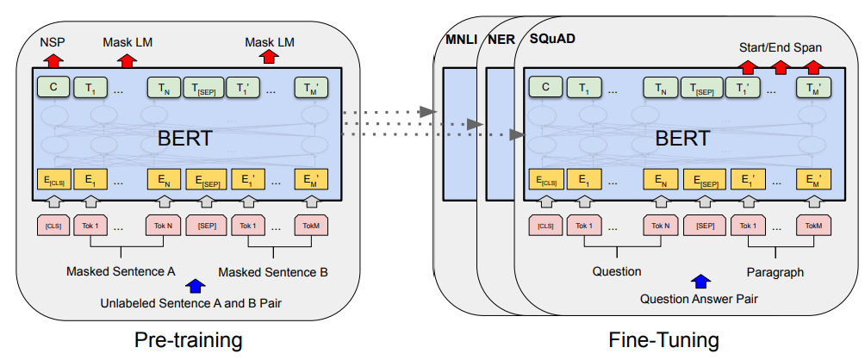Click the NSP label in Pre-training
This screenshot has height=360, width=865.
[53, 42]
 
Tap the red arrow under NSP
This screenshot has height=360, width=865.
[53, 60]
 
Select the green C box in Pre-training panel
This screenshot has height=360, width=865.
[53, 88]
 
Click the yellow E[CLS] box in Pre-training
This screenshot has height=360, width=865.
[53, 180]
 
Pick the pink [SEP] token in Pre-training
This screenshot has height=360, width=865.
[206, 226]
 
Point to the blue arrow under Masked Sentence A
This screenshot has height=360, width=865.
[196, 285]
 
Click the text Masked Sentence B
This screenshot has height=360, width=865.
[273, 272]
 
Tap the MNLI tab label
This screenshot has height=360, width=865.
[461, 40]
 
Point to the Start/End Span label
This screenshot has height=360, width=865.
[780, 48]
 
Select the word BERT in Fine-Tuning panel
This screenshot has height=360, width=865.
[682, 139]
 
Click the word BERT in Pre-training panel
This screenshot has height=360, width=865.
[185, 139]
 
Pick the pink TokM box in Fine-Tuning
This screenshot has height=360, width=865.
[813, 226]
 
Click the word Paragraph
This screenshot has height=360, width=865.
[775, 272]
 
